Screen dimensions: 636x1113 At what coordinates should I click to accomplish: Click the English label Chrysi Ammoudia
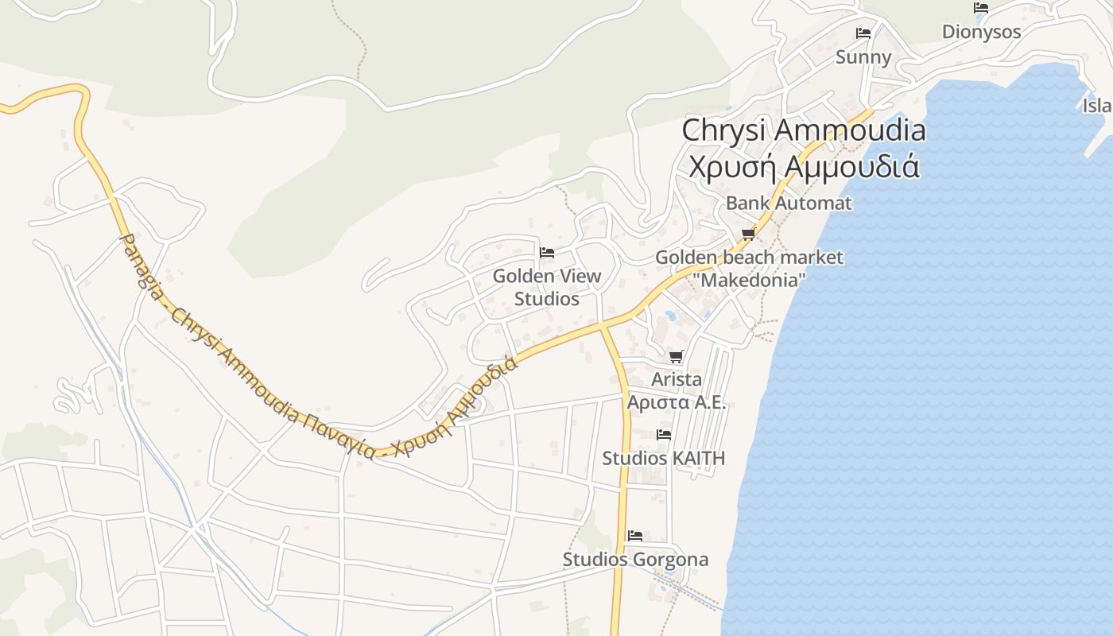(804, 130)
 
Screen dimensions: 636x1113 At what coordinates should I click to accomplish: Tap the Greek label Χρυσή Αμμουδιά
(804, 167)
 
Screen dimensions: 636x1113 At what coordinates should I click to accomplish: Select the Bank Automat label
(788, 203)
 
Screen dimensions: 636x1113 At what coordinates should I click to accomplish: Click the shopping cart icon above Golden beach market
(748, 235)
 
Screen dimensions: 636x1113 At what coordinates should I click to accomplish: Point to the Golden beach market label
(749, 258)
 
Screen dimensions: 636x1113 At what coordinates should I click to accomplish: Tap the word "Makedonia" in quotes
(749, 280)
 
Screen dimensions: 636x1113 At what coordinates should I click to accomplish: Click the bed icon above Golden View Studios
(547, 253)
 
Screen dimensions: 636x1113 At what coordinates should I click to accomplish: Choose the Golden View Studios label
(547, 287)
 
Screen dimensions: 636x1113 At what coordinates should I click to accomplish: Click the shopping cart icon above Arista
(677, 357)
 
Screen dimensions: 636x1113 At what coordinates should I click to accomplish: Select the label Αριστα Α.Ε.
(677, 402)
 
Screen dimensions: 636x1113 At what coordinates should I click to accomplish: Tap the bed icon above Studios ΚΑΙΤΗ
(664, 435)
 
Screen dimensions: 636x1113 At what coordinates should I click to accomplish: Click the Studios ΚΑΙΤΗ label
(663, 459)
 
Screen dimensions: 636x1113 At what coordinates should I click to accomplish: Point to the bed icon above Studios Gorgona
(635, 535)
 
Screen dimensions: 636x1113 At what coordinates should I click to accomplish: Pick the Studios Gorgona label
(635, 560)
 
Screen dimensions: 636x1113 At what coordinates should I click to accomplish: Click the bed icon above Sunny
(863, 33)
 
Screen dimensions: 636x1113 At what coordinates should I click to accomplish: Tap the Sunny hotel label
(863, 57)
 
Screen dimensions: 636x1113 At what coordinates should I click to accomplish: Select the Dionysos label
(981, 32)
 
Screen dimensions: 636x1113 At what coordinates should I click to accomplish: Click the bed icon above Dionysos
(981, 8)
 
